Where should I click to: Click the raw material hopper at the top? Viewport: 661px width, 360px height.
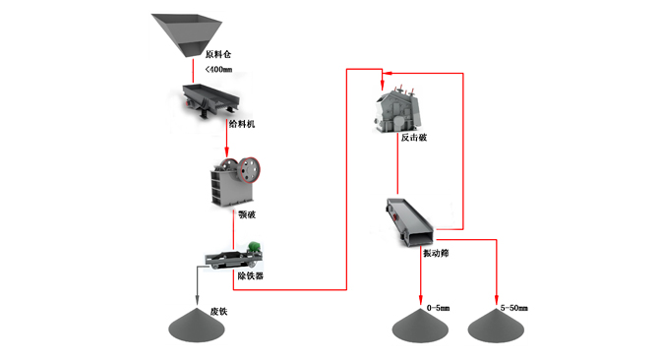(187, 34)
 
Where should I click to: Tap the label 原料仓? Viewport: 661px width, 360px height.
(218, 54)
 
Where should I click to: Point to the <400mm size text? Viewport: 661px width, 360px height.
(218, 69)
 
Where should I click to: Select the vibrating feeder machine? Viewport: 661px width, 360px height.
(210, 99)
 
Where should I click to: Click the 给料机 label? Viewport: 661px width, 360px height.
(242, 124)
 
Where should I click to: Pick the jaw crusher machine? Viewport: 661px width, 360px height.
(235, 182)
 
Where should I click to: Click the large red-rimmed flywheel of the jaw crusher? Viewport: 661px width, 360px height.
(250, 169)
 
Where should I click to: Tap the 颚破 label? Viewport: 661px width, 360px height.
(247, 214)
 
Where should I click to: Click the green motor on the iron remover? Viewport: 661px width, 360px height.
(254, 247)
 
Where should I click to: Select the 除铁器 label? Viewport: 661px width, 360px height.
(251, 276)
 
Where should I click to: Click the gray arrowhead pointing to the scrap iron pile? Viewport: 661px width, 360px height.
(197, 300)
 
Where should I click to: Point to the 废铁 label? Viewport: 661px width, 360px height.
(218, 312)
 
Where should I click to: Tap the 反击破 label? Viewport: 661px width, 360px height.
(413, 138)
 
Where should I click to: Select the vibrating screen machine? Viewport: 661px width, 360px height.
(409, 222)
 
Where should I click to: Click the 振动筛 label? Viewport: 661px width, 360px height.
(436, 254)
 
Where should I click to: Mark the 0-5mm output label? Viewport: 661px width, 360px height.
(438, 308)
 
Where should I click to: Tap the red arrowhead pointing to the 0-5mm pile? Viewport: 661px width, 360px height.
(420, 299)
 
